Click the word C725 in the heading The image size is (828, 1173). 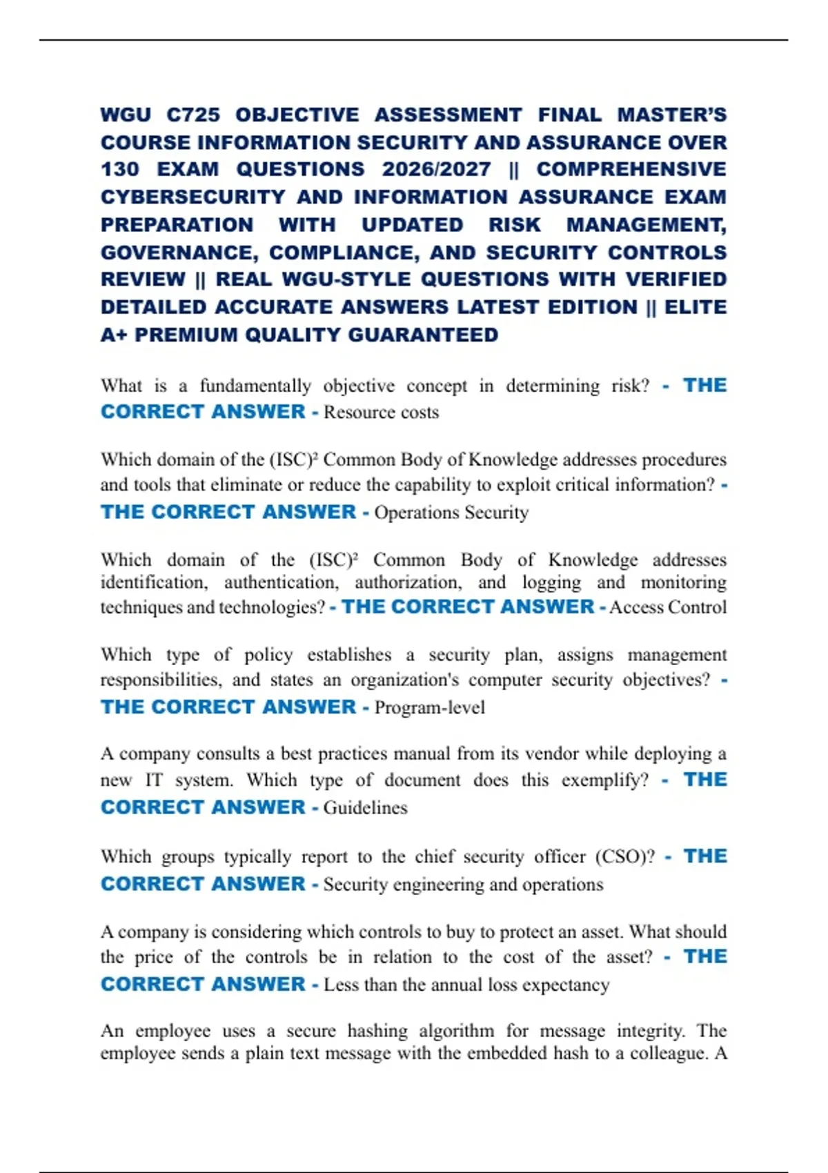pos(193,115)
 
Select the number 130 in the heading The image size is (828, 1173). pos(119,169)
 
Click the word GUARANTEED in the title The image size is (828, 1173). pos(423,335)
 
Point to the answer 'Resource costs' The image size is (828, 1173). pos(381,413)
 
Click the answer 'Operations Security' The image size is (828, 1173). pos(451,513)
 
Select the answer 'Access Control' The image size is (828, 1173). pos(668,607)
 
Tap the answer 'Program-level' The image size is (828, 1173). pos(429,708)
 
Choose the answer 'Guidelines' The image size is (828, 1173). pos(365,808)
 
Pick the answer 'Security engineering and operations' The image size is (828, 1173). pos(463,885)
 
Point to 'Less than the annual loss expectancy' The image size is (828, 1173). pos(466,985)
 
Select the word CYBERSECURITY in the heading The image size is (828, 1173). pos(193,197)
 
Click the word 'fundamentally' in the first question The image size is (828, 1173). pos(255,386)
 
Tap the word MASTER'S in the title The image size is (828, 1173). pos(671,115)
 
